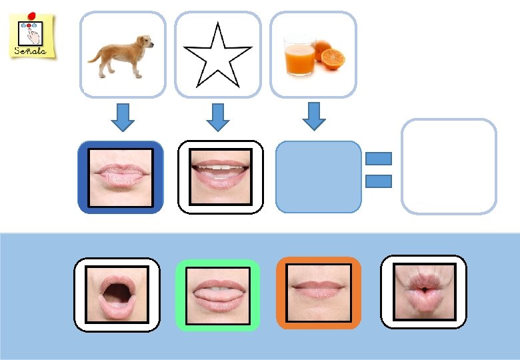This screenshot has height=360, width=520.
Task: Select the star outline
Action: point(218,57)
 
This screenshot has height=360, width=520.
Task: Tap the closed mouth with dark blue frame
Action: point(121,177)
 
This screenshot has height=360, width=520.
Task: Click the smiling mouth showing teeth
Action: point(221,177)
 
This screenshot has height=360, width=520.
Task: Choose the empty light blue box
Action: point(318,177)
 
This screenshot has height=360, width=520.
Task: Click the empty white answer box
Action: point(449,167)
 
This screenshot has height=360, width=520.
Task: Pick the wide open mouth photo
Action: point(117,294)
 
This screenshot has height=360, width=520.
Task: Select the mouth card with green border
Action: point(217,295)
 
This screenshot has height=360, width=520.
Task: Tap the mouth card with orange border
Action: point(319,293)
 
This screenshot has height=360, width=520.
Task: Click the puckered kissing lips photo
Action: point(423,292)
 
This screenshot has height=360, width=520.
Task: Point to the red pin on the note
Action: point(33,14)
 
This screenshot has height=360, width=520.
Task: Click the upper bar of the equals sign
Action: point(378,159)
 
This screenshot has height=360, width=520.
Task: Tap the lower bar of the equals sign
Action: point(378,180)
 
